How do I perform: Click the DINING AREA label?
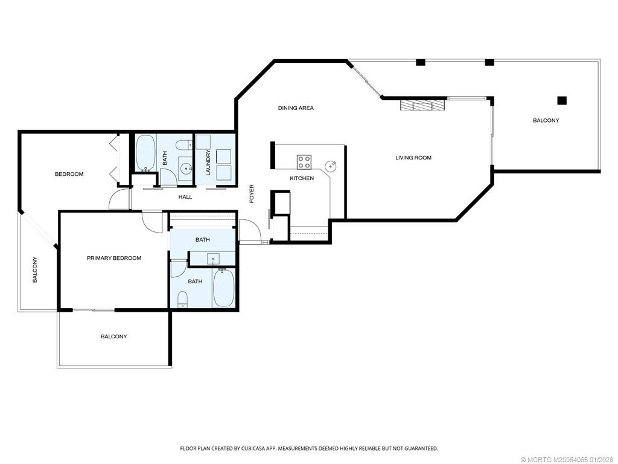(x=296, y=108)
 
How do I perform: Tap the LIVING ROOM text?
(x=413, y=158)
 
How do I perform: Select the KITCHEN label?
(x=302, y=178)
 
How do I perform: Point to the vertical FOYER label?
(x=252, y=194)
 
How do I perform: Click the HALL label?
(x=185, y=197)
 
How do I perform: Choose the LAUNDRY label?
(x=208, y=162)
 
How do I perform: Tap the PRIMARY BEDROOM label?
(x=114, y=258)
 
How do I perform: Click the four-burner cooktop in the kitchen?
(x=304, y=162)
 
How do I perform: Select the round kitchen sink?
(x=330, y=166)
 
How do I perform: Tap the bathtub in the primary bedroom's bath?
(x=223, y=287)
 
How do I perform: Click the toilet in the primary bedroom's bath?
(x=182, y=299)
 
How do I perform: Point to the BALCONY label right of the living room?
(x=546, y=120)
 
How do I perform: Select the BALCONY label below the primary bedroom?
(x=114, y=337)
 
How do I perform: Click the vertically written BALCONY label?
(x=34, y=270)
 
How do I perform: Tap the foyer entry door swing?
(x=249, y=230)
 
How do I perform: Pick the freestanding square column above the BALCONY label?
(x=562, y=101)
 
